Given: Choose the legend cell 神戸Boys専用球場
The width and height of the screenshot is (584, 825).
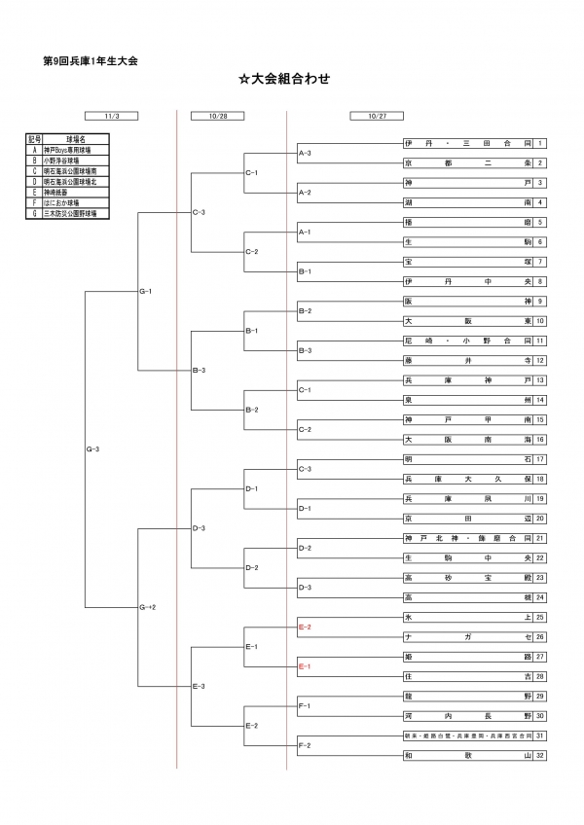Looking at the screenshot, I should pyautogui.click(x=75, y=151).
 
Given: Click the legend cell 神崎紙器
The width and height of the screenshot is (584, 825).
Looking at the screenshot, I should pyautogui.click(x=75, y=193).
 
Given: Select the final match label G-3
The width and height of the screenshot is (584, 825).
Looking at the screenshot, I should pyautogui.click(x=93, y=448).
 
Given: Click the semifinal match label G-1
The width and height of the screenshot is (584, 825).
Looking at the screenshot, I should pyautogui.click(x=146, y=291).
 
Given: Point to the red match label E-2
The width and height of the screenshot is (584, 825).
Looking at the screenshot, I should pyautogui.click(x=304, y=628).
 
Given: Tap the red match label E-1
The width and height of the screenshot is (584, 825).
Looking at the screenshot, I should pyautogui.click(x=304, y=666).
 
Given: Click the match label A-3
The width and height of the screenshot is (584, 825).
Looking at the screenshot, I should pyautogui.click(x=304, y=153).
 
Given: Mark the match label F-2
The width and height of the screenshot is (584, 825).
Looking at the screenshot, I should pyautogui.click(x=304, y=745).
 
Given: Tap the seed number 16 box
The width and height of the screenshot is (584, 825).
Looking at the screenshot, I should pyautogui.click(x=539, y=439).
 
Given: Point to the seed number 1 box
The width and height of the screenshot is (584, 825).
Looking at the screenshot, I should pyautogui.click(x=539, y=143).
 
